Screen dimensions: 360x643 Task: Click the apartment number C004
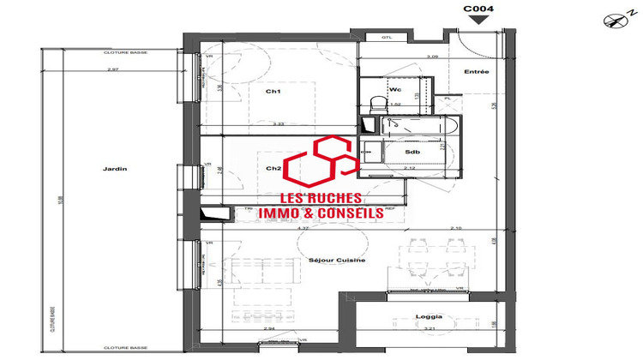click(x=478, y=9)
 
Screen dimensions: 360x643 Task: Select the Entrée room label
click(x=476, y=71)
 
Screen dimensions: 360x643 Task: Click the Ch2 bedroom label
click(x=274, y=168)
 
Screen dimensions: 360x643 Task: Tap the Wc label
click(x=395, y=88)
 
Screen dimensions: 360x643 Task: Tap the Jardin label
click(x=114, y=169)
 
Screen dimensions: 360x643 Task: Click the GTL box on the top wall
click(x=387, y=37)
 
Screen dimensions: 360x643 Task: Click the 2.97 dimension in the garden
click(x=111, y=69)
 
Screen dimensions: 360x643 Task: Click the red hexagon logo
click(x=320, y=163)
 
